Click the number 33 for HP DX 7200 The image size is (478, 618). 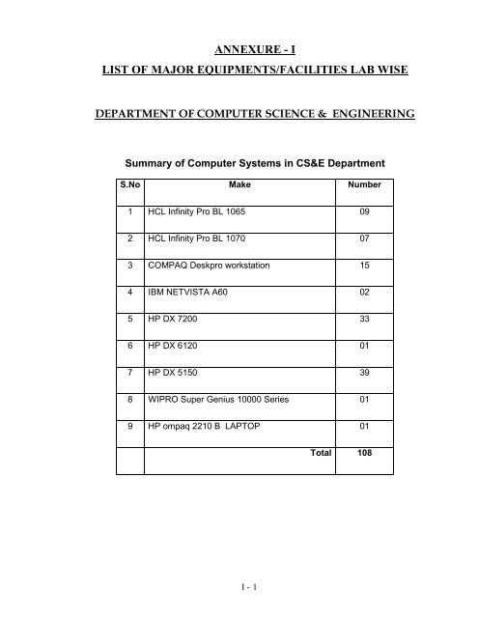[x=365, y=318]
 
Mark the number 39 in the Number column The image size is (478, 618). [x=365, y=372]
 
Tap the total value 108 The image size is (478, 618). [x=365, y=452]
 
